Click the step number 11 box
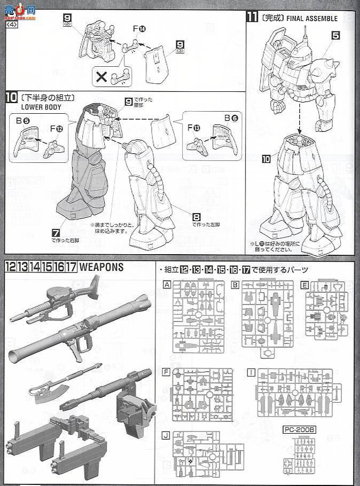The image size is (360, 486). [x=252, y=17]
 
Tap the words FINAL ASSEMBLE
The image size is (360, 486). [x=312, y=18]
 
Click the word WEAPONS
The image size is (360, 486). [x=101, y=267]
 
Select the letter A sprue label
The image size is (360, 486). [x=167, y=285]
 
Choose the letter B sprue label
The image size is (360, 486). [x=235, y=285]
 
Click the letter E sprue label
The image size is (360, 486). [x=304, y=285]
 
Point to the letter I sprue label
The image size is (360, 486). [x=251, y=371]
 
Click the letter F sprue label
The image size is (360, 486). [x=167, y=371]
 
